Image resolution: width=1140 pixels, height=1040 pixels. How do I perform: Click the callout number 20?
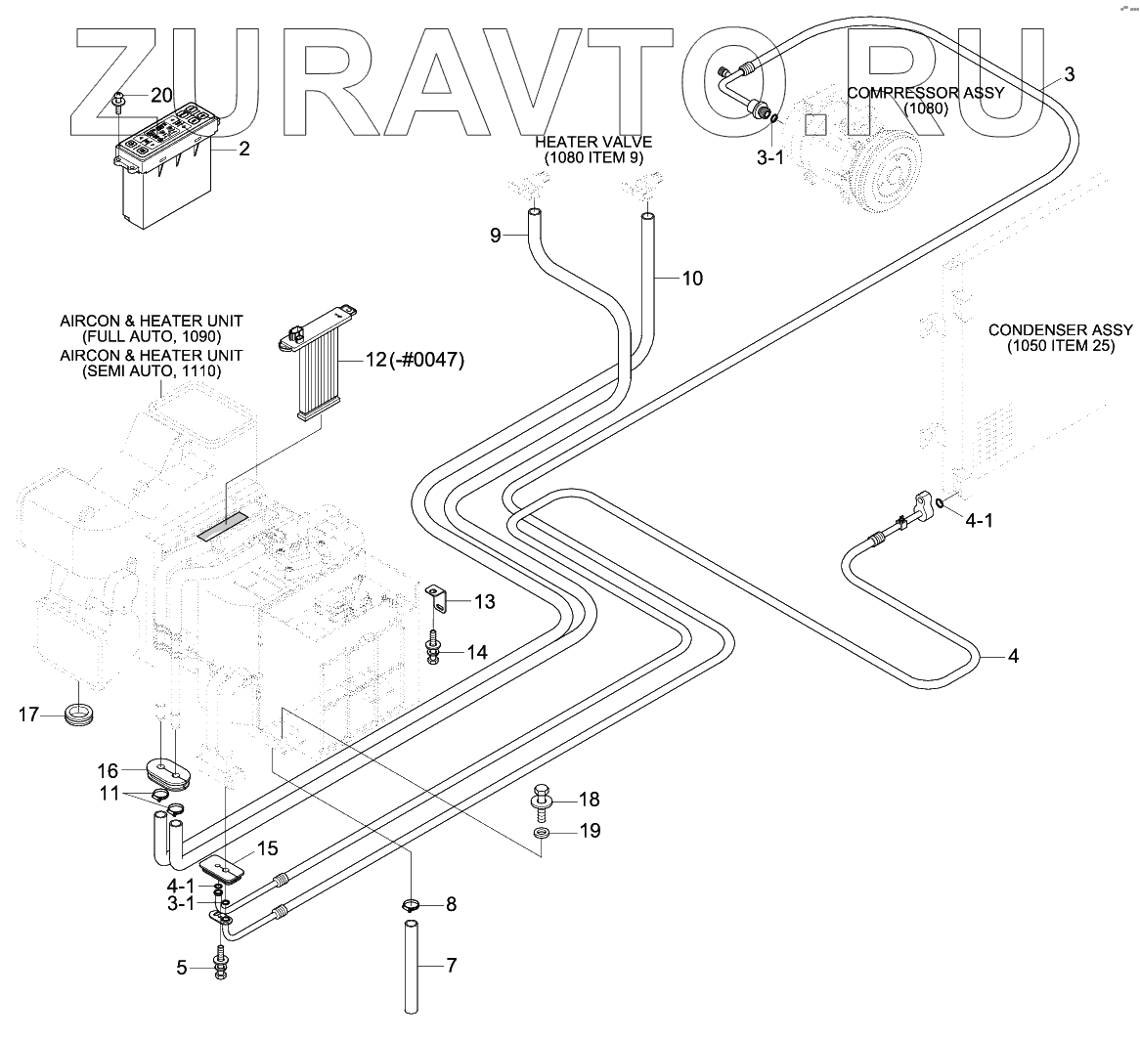tap(160, 95)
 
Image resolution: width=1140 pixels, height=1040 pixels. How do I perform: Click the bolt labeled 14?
tap(432, 648)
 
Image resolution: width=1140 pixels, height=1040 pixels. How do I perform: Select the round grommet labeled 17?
tap(78, 714)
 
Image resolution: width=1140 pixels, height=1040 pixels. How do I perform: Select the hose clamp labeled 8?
tap(412, 904)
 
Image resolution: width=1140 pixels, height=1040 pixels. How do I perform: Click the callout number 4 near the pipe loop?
tap(1013, 657)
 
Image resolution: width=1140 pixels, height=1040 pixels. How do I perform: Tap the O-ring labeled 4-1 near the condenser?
tap(940, 503)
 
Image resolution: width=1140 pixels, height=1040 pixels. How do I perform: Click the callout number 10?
tap(692, 279)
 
